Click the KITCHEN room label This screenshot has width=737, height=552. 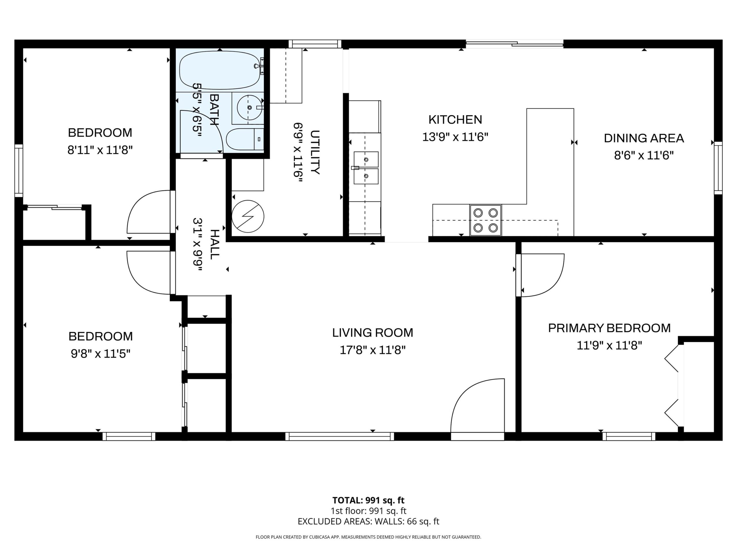[x=455, y=119]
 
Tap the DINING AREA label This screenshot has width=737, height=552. [x=644, y=138]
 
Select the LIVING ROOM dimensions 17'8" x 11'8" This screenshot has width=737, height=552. [x=373, y=350]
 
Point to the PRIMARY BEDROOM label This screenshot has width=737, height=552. [x=609, y=328]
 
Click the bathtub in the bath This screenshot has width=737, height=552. [x=220, y=70]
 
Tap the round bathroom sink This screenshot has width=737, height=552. [x=250, y=108]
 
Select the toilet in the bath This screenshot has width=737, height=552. [x=245, y=139]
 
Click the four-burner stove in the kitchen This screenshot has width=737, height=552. [x=485, y=220]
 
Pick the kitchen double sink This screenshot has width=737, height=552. [x=366, y=168]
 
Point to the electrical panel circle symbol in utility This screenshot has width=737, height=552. [x=248, y=216]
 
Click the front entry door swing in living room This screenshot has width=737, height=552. [x=477, y=405]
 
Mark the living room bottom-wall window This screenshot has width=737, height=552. [x=339, y=436]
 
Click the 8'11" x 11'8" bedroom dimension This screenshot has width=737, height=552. [x=100, y=150]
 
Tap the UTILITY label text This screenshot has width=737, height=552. [x=315, y=152]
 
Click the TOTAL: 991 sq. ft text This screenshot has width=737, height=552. [x=368, y=500]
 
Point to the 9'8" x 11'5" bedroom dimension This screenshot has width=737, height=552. [x=100, y=353]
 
